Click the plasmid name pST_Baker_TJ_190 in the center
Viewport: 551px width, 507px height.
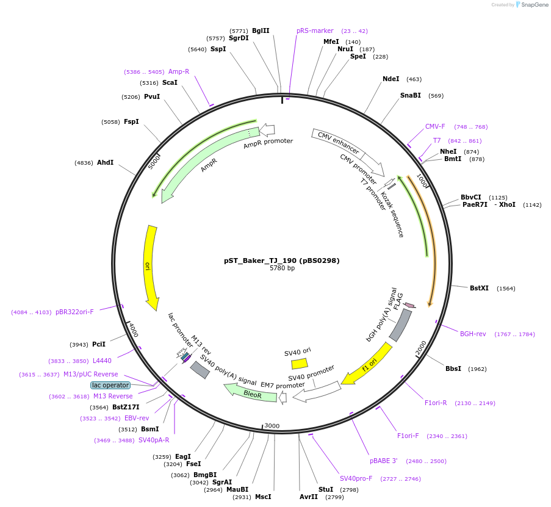(x=281, y=261)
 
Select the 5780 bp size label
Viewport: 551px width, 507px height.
(x=282, y=268)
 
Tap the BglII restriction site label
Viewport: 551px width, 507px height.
(x=261, y=31)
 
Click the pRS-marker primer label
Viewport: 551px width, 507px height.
(x=315, y=31)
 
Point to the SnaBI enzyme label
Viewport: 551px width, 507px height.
(x=410, y=95)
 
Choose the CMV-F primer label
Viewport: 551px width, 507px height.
(x=435, y=127)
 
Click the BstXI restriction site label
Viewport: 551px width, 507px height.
(x=479, y=288)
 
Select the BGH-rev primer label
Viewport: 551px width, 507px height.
(x=473, y=334)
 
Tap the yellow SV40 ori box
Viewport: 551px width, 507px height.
(x=299, y=364)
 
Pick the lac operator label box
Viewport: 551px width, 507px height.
(x=110, y=385)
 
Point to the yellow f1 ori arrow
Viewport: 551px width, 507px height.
(x=367, y=364)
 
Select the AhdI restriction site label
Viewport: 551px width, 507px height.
(x=105, y=162)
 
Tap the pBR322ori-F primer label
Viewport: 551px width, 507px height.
(x=74, y=312)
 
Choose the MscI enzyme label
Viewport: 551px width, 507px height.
(x=263, y=497)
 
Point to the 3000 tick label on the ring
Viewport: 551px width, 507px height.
(x=272, y=426)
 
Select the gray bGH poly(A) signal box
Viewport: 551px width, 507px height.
(x=400, y=326)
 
